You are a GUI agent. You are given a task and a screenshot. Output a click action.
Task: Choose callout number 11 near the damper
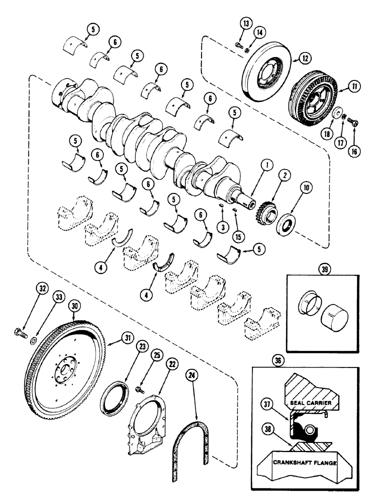tap(341, 87)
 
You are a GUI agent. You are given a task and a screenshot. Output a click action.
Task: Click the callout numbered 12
tap(302, 60)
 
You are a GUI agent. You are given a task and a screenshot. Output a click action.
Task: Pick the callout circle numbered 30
tap(74, 303)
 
